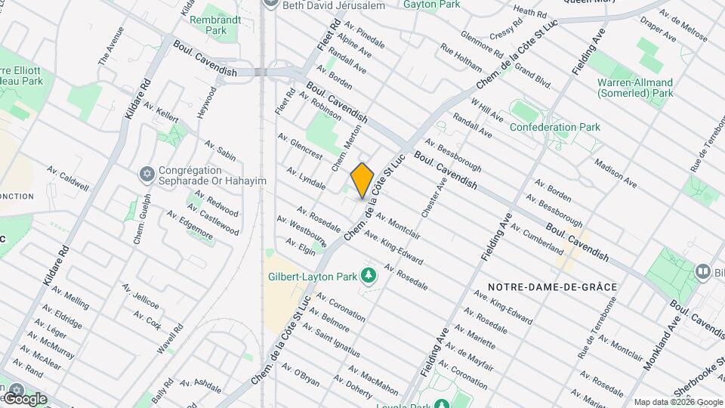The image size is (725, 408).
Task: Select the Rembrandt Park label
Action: click(x=208, y=25)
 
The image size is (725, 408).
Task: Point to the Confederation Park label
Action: click(x=555, y=127)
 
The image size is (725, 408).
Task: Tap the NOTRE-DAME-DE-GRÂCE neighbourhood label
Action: click(x=553, y=287)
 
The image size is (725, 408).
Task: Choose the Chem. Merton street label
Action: click(x=345, y=144)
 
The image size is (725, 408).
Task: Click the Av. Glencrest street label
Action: click(x=300, y=147)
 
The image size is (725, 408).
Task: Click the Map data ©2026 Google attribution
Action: click(x=677, y=402)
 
